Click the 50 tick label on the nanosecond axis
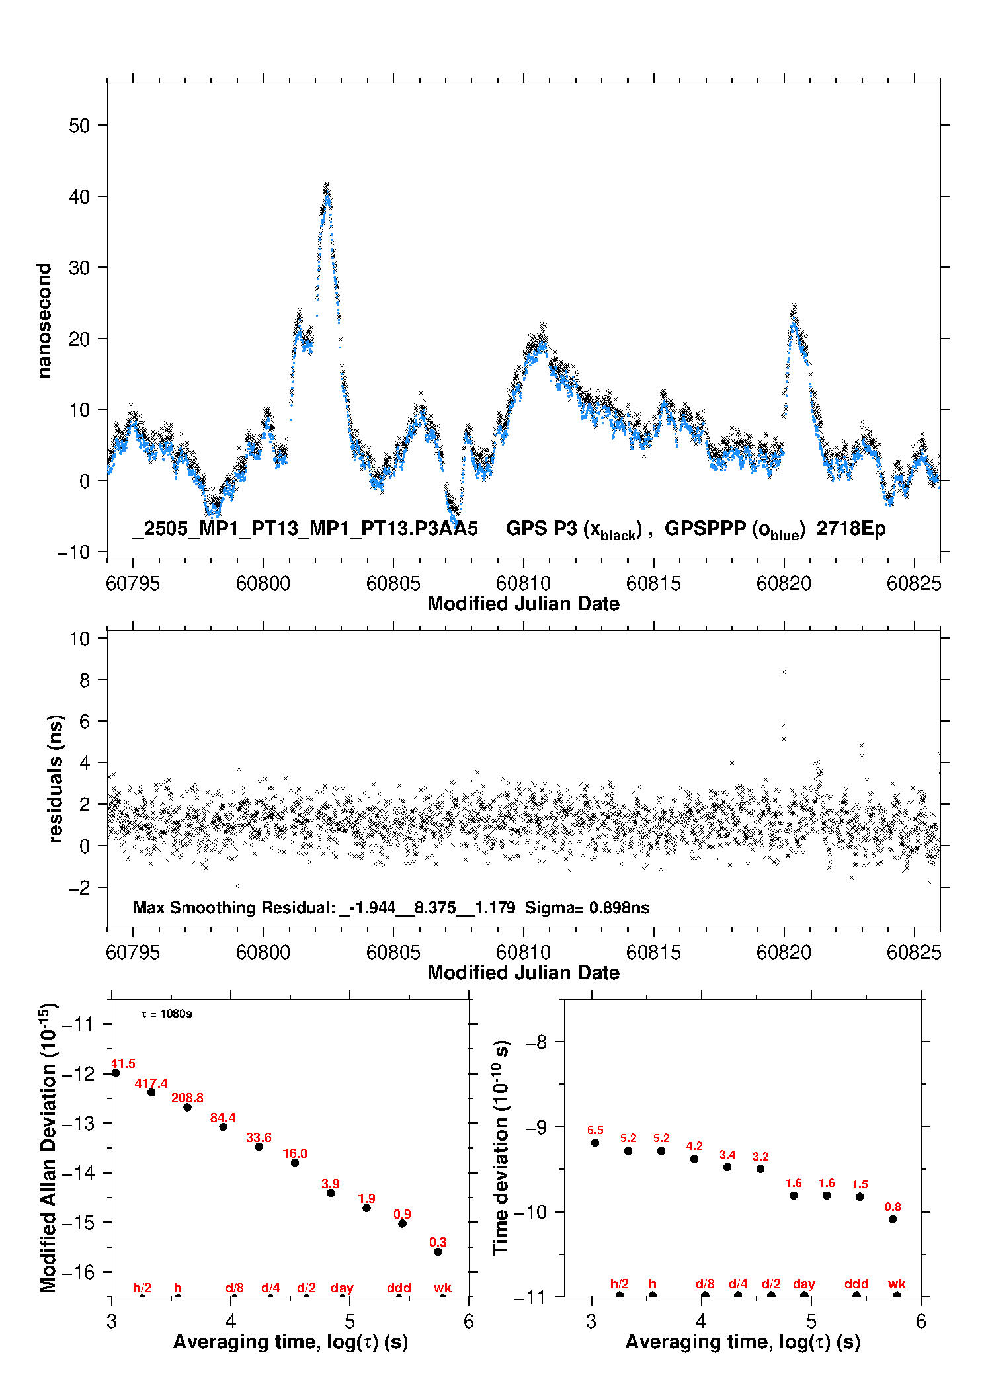tap(79, 126)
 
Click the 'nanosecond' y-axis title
tap(44, 321)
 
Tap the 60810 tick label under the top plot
tap(523, 583)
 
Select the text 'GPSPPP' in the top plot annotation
tap(705, 528)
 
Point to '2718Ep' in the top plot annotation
tap(850, 528)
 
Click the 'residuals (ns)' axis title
tap(56, 778)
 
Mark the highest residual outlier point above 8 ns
tap(784, 672)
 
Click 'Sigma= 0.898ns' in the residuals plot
tap(587, 907)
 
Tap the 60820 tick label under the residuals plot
tap(784, 952)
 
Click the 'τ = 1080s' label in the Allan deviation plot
tap(167, 1014)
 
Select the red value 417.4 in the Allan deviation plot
tap(151, 1083)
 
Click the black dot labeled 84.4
tap(224, 1127)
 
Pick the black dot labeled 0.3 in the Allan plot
tap(438, 1252)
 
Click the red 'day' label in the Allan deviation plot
tap(342, 1288)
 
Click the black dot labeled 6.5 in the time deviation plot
tap(595, 1143)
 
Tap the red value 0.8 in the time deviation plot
tap(893, 1207)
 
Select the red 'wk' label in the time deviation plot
tap(897, 1284)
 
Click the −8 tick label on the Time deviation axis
tap(536, 1042)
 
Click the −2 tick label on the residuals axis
tap(79, 887)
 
